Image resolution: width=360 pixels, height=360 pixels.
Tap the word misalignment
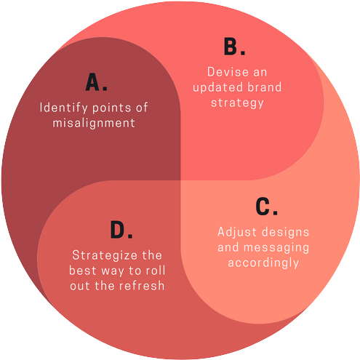[x=94, y=123]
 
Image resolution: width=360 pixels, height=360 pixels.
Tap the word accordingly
[x=263, y=263]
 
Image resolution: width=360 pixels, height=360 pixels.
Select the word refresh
[x=143, y=286]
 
